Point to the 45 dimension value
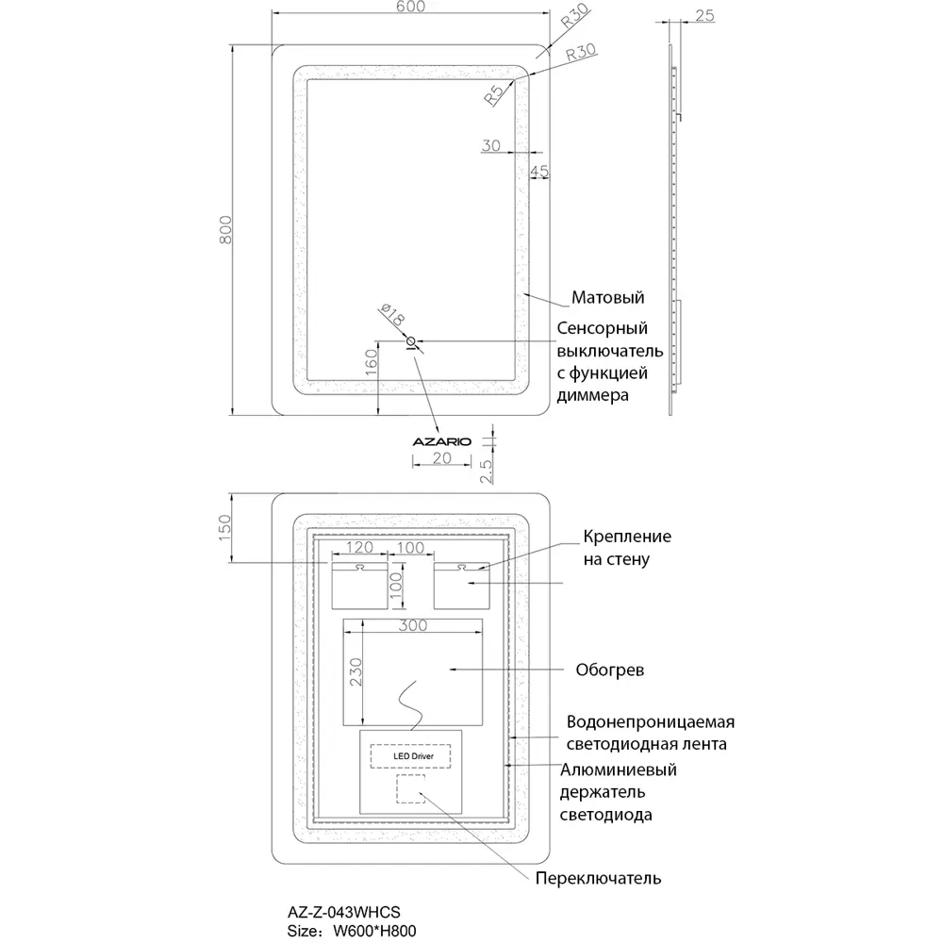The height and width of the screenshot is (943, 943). pos(539,171)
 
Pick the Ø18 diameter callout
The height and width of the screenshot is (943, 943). pos(391,316)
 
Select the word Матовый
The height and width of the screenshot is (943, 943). pos(608,298)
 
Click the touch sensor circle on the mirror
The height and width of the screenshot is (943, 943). pos(410,341)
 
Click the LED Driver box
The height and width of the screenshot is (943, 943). pos(409,755)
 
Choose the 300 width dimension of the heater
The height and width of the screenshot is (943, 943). pos(412,625)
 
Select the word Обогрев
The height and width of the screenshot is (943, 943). pos(609,671)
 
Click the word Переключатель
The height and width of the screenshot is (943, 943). pos(598,879)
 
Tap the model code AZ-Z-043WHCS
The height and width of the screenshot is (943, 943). pos(343,912)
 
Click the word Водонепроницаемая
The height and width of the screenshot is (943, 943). pos(650,722)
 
